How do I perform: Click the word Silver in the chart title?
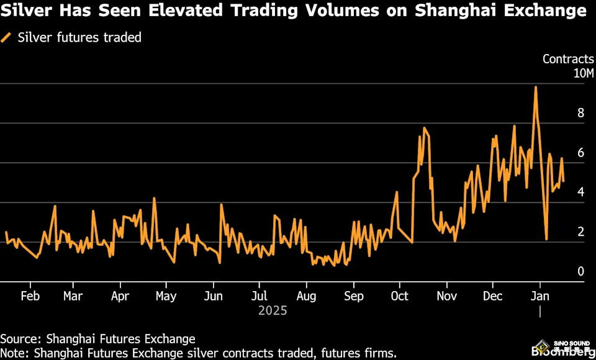pyautogui.click(x=27, y=11)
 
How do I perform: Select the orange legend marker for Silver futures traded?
pyautogui.click(x=7, y=37)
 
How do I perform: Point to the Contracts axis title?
pyautogui.click(x=568, y=59)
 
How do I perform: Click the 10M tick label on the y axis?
pyautogui.click(x=583, y=74)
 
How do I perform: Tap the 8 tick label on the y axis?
pyautogui.click(x=580, y=113)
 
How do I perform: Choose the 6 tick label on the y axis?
pyautogui.click(x=580, y=153)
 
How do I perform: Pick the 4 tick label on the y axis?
pyautogui.click(x=580, y=192)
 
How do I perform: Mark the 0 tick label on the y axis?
pyautogui.click(x=580, y=271)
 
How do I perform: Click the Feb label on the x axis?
pyautogui.click(x=30, y=296)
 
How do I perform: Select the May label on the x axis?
pyautogui.click(x=166, y=296)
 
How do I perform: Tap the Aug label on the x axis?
pyautogui.click(x=306, y=296)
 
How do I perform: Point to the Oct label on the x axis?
pyautogui.click(x=400, y=296)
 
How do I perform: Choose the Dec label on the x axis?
pyautogui.click(x=493, y=296)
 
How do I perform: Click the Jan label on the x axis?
pyautogui.click(x=540, y=296)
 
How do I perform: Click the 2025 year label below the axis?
pyautogui.click(x=273, y=310)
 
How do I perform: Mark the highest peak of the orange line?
pyautogui.click(x=535, y=87)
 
